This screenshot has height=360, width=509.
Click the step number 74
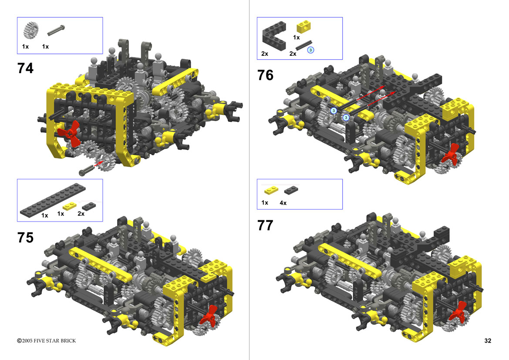point(25,68)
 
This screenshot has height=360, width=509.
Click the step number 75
point(25,238)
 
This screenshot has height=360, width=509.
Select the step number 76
point(265,75)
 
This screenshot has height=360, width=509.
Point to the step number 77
point(265,225)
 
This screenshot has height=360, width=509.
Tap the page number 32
point(488,340)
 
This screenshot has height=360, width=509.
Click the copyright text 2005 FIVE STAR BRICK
point(47,340)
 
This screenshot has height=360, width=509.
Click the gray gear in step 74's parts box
point(31,30)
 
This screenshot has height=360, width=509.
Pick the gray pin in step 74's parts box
point(56,30)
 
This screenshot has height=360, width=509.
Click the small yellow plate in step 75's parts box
point(70,205)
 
